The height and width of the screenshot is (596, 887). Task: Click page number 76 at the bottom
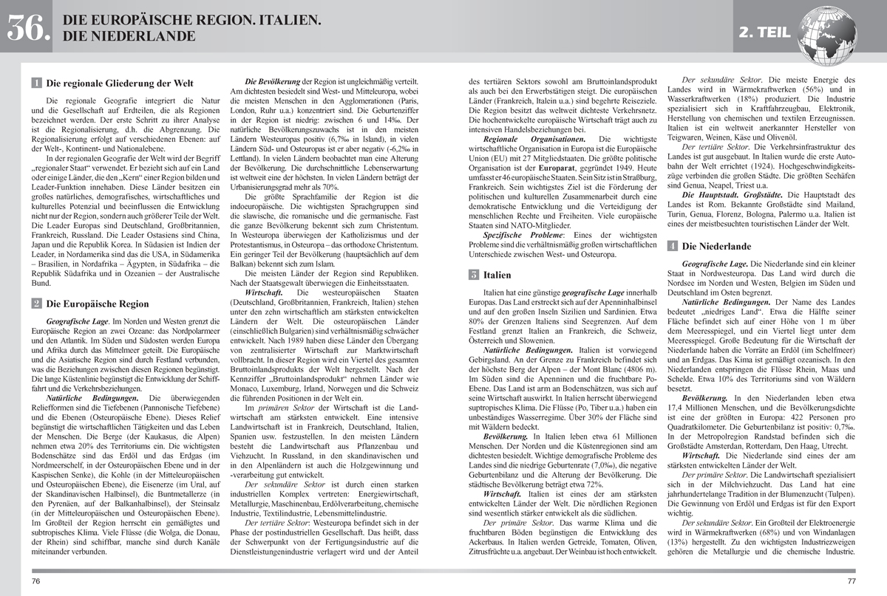pyautogui.click(x=36, y=581)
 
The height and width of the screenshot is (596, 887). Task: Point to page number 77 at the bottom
pyautogui.click(x=851, y=581)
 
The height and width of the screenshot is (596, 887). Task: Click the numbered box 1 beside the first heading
pyautogui.click(x=37, y=83)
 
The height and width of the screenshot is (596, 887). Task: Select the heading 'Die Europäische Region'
pyautogui.click(x=97, y=303)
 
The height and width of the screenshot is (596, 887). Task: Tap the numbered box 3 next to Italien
pyautogui.click(x=473, y=275)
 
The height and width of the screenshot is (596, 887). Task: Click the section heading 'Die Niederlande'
pyautogui.click(x=716, y=246)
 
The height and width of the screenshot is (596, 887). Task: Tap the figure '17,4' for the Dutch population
pyautogui.click(x=679, y=408)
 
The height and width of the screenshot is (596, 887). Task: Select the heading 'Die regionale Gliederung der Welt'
pyautogui.click(x=120, y=83)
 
